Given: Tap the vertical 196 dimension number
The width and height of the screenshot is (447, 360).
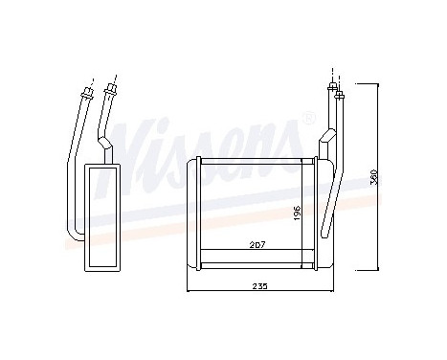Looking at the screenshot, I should tap(298, 213).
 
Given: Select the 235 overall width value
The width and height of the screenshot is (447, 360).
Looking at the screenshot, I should tap(258, 286).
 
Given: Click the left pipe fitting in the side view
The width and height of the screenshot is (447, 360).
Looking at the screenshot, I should tap(89, 92).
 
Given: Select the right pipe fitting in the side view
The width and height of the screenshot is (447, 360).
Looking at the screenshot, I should tap(115, 91).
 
